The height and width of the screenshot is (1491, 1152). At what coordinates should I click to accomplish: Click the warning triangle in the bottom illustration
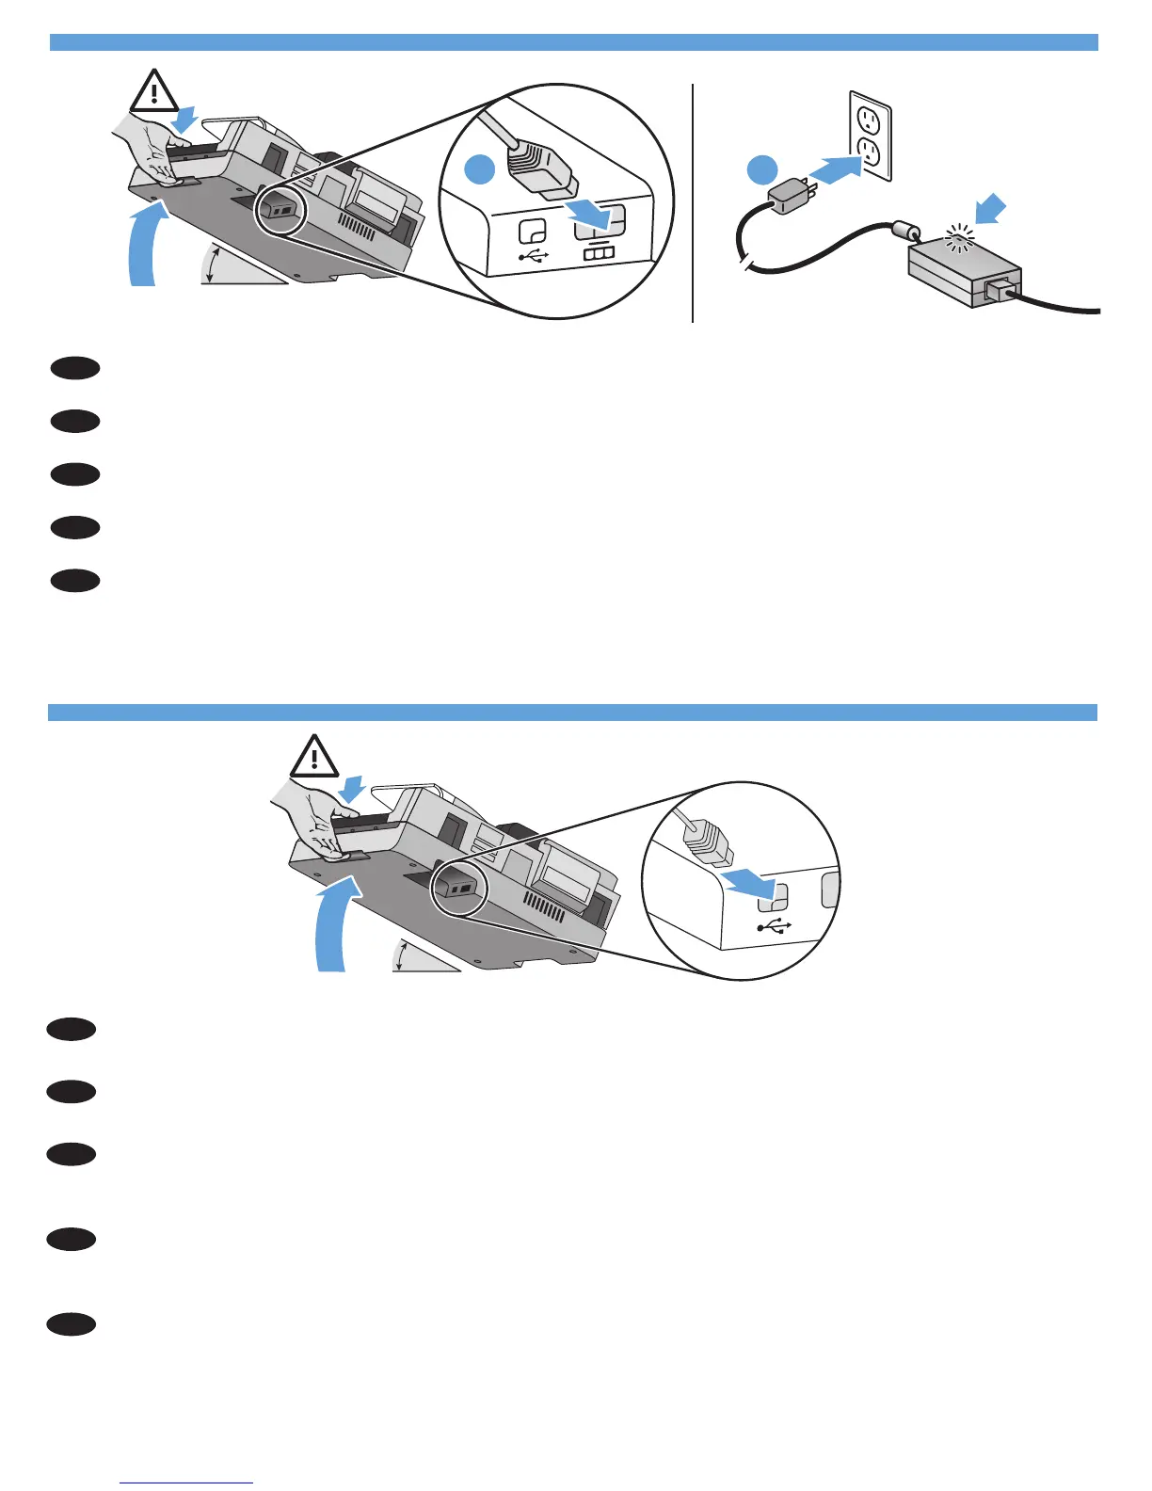tap(314, 757)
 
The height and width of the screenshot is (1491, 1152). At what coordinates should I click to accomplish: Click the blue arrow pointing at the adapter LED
tap(992, 210)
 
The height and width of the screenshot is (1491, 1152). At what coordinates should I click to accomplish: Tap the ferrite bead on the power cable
tap(906, 230)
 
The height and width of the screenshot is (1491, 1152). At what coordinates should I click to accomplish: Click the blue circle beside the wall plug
tap(762, 170)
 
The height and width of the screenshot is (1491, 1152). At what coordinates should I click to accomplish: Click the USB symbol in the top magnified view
tap(534, 255)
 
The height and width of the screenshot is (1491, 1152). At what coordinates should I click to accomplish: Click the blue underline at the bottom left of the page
tap(187, 1483)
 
